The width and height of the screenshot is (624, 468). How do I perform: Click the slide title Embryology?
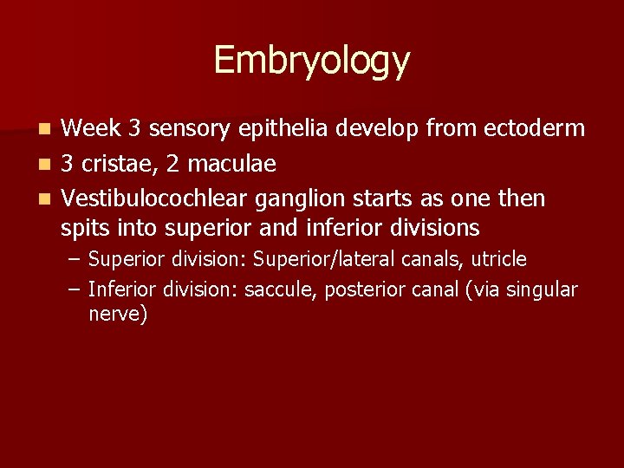point(311,61)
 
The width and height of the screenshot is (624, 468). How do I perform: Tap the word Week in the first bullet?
point(91,129)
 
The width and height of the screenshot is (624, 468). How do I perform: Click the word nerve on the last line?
point(118,314)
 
